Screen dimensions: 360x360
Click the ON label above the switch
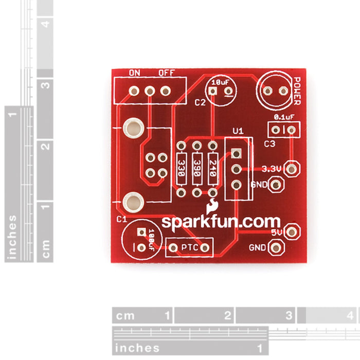click(x=135, y=73)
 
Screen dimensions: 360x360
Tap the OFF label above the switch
click(x=166, y=73)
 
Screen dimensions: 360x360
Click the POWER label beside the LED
click(x=297, y=91)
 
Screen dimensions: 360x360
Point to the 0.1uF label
click(x=284, y=117)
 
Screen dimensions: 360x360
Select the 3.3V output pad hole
click(x=292, y=168)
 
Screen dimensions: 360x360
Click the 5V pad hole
click(x=292, y=231)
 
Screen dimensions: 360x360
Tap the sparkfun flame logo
click(x=211, y=206)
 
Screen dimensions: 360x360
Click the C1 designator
click(x=122, y=219)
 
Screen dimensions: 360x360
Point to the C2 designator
click(x=200, y=102)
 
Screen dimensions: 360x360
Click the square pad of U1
click(x=236, y=153)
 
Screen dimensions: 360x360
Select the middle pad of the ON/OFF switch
click(x=150, y=92)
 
